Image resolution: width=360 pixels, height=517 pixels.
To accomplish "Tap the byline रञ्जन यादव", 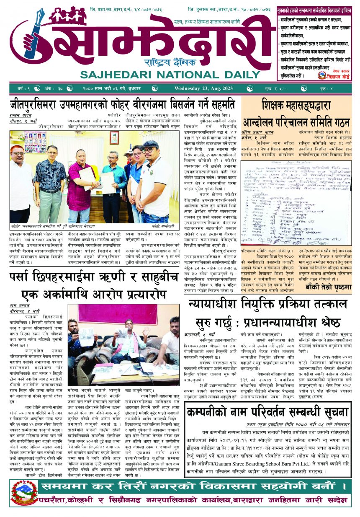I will click(21, 115).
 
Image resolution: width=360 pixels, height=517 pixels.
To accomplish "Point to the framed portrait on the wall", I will click(114, 137).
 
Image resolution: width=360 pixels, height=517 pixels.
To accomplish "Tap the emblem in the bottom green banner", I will click(25, 493).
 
